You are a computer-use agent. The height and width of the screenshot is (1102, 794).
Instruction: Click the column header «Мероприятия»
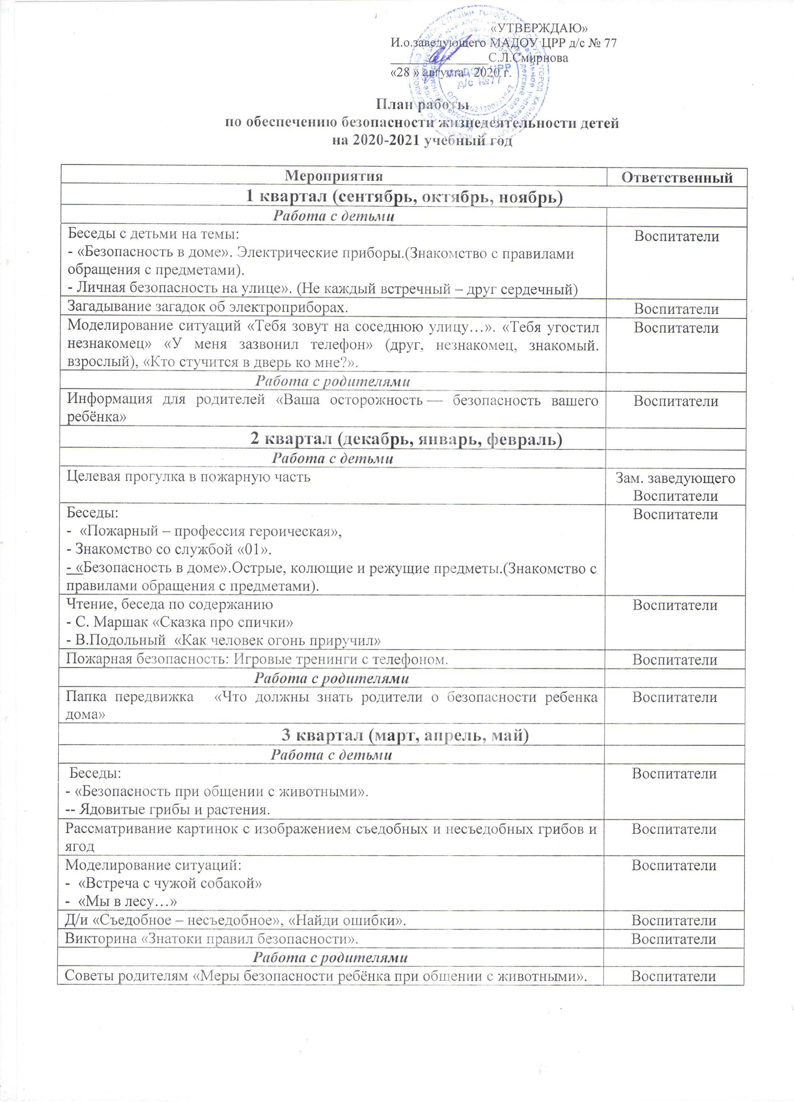click(334, 176)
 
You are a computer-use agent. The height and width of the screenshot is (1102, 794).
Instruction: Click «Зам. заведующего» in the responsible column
click(675, 478)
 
